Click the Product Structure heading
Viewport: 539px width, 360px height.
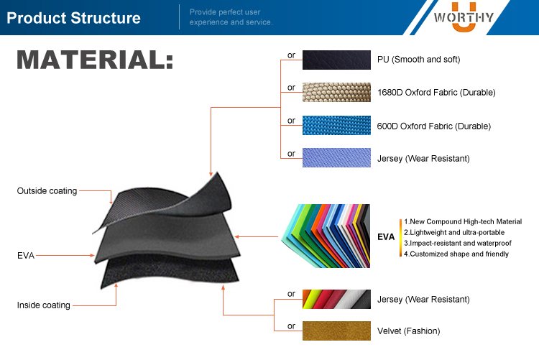[x=73, y=18]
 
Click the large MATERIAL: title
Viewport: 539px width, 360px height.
[x=95, y=60]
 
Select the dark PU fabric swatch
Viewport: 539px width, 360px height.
[x=336, y=60]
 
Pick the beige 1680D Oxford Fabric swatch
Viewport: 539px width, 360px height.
[x=336, y=92]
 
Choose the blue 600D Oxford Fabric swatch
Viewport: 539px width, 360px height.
[x=336, y=126]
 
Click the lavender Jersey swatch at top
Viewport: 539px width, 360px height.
[x=336, y=157]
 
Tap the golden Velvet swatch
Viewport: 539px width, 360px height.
[x=336, y=331]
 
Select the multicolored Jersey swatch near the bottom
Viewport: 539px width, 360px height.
[x=336, y=298]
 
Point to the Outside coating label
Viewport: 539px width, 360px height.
[x=47, y=190]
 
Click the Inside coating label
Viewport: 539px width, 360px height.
[x=44, y=305]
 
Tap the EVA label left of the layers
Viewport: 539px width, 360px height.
[x=25, y=254]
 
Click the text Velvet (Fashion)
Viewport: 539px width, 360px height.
[x=408, y=331]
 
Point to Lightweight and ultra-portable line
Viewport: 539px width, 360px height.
[x=453, y=232]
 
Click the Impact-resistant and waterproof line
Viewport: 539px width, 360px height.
[x=456, y=243]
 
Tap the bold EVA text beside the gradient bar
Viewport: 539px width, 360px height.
[x=386, y=236]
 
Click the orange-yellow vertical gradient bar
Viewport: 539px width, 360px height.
[x=400, y=237]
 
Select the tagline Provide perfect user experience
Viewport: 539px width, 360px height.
[x=231, y=17]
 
